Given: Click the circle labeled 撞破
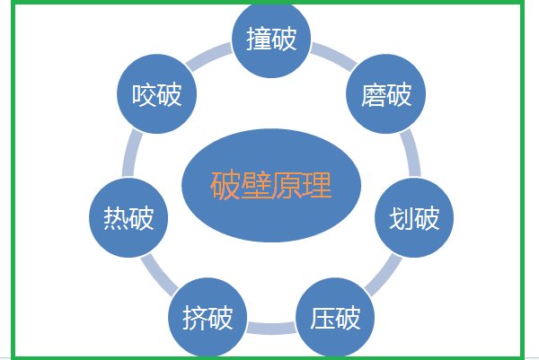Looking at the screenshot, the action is click(271, 40).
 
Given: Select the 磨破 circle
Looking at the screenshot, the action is click(386, 94).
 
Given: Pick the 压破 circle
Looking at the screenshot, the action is click(335, 318).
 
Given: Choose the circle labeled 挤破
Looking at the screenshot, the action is click(208, 318).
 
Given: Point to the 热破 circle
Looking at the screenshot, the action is click(128, 218).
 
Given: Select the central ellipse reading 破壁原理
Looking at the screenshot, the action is click(271, 186).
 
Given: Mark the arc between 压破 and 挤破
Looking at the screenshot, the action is click(271, 327).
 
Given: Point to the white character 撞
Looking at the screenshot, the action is click(259, 40).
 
